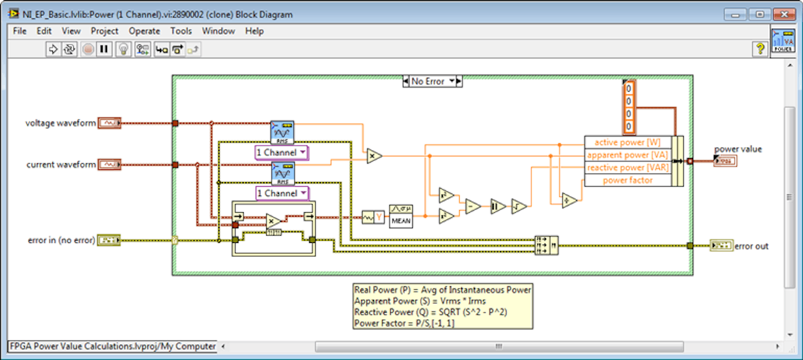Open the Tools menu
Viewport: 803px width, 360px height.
click(x=181, y=31)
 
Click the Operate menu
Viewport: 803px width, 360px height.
click(x=145, y=31)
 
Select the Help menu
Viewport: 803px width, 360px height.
click(x=254, y=31)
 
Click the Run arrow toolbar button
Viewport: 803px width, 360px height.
click(x=54, y=49)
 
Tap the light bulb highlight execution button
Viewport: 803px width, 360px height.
click(x=123, y=49)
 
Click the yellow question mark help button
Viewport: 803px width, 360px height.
click(x=760, y=49)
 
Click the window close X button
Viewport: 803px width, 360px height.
click(x=783, y=14)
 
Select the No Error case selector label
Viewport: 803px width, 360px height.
click(x=428, y=81)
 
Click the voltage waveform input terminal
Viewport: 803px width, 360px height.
click(x=109, y=123)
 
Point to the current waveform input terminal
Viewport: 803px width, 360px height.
click(x=109, y=165)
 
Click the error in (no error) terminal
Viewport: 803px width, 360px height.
click(x=109, y=240)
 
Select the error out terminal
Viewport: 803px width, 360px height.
click(x=722, y=246)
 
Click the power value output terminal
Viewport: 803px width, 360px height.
click(x=725, y=161)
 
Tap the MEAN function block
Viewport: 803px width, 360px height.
click(x=401, y=216)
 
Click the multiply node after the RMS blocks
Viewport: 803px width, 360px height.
click(x=373, y=156)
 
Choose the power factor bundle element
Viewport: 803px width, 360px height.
click(x=628, y=180)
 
